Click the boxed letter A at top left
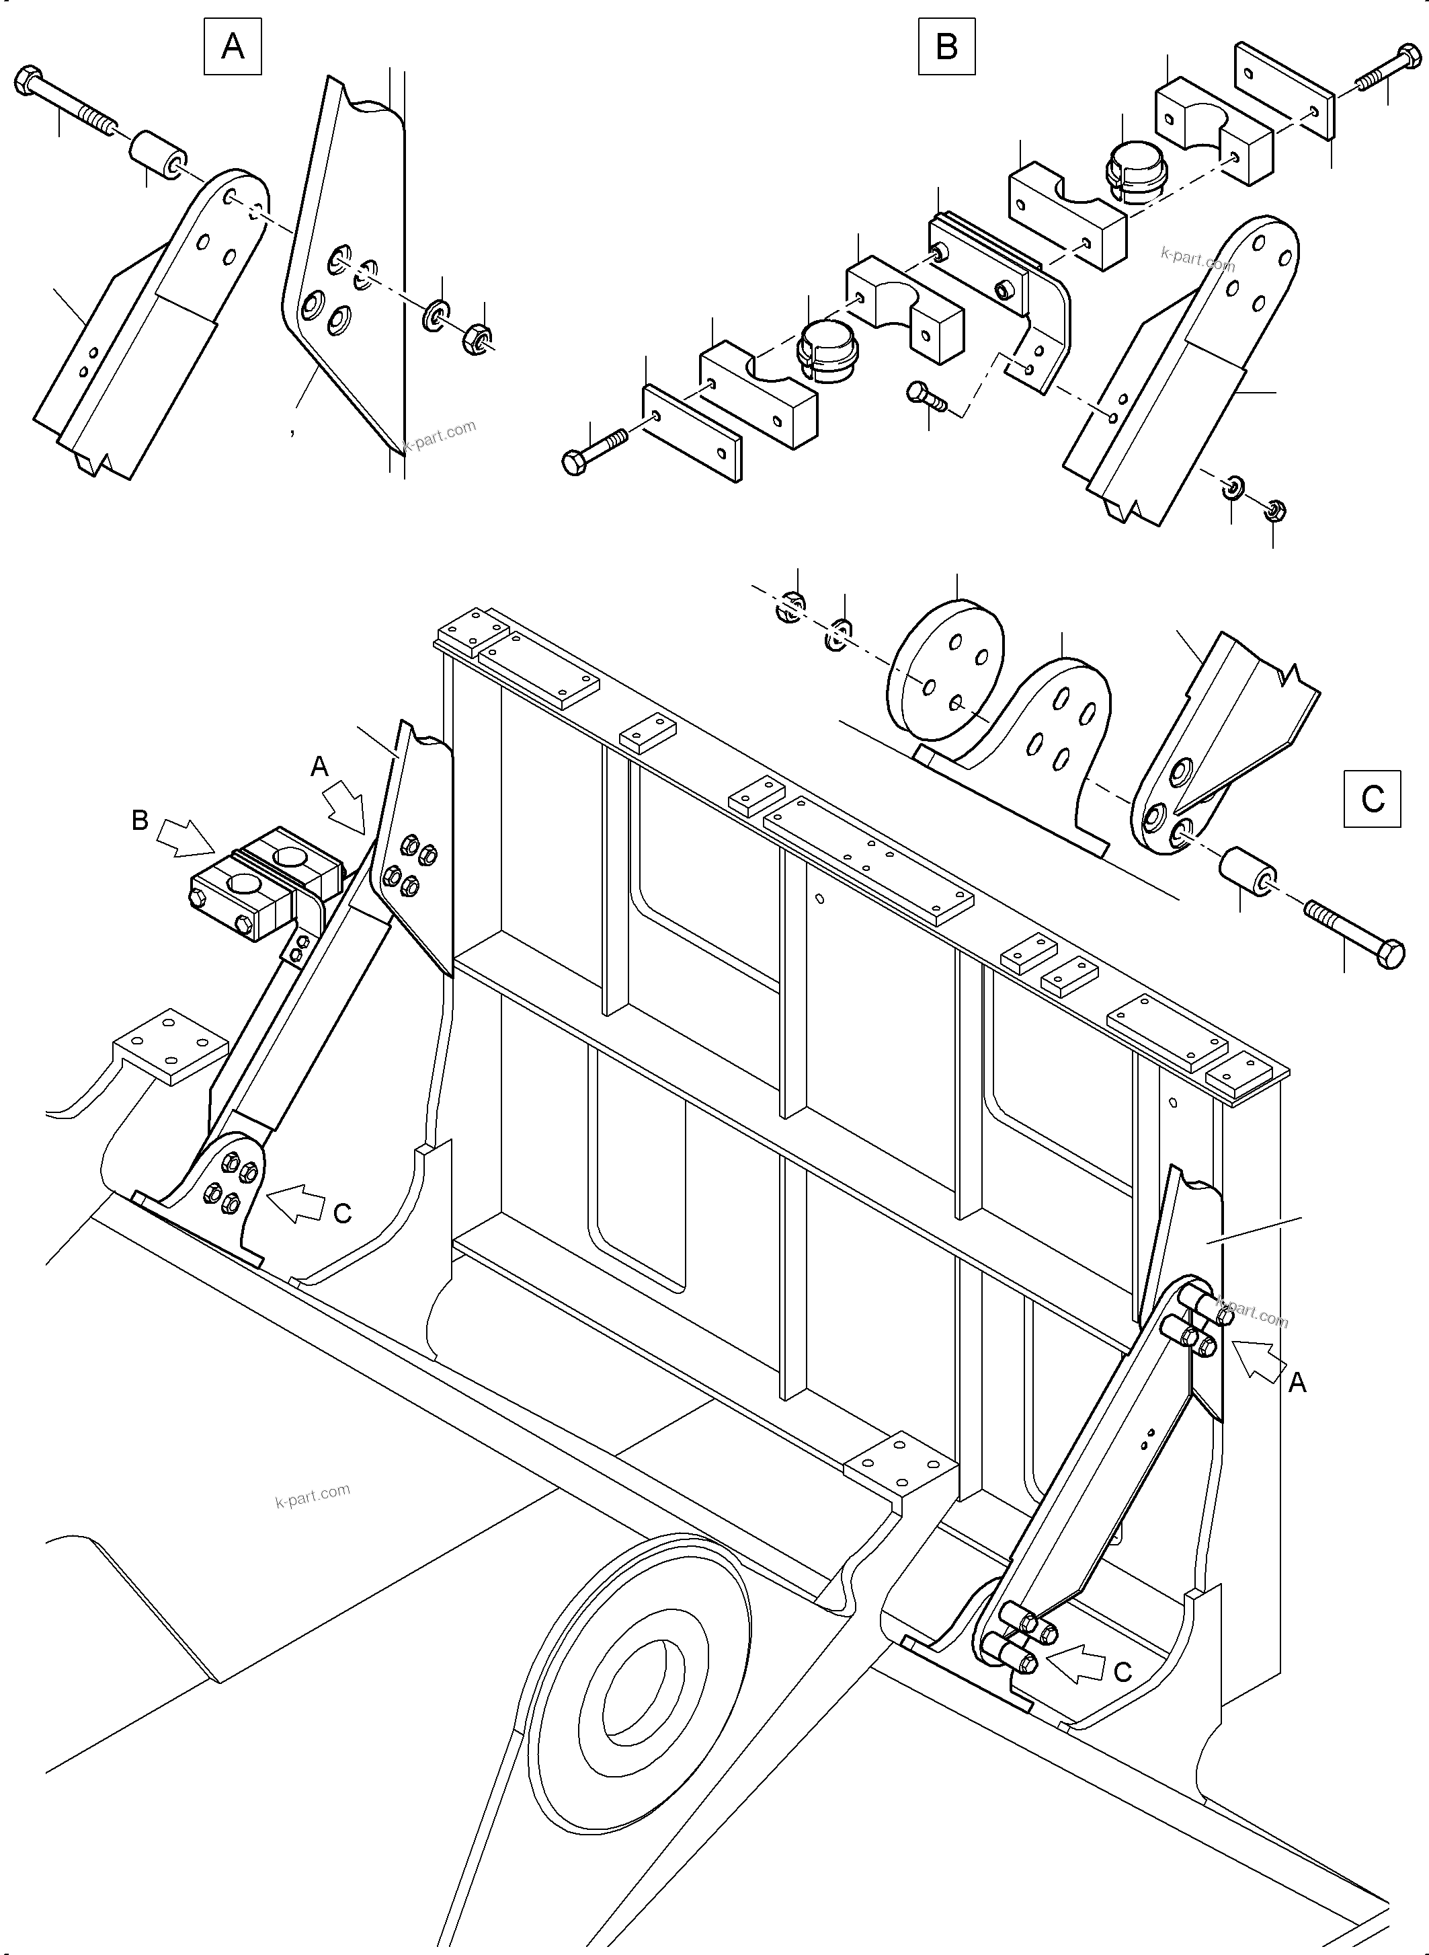(x=232, y=46)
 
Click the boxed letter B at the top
(x=946, y=46)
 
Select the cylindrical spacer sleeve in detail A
(x=157, y=157)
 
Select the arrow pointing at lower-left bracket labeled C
(x=295, y=1201)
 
